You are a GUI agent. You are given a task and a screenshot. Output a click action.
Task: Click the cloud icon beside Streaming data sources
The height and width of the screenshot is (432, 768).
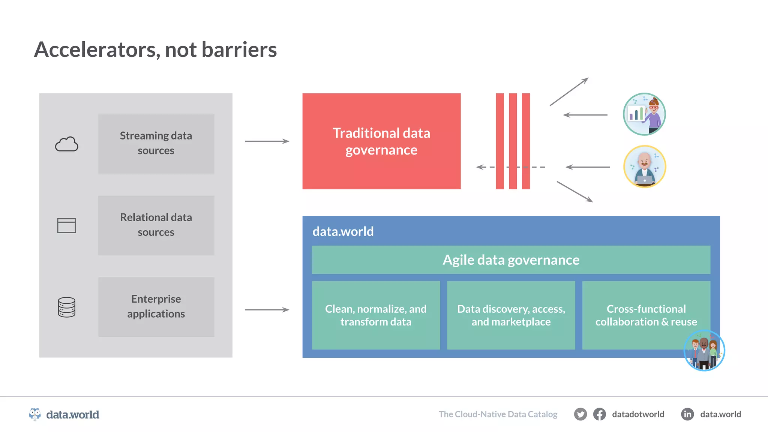point(67,144)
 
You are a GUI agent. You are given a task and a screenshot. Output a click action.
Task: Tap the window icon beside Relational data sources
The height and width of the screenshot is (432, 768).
point(66,225)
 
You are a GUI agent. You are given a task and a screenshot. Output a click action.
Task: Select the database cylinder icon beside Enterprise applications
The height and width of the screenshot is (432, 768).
point(67,307)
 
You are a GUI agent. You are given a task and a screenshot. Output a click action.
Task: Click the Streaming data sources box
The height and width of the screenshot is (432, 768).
point(156,144)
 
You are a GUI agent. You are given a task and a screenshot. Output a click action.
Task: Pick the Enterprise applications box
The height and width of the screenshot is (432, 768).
point(156,307)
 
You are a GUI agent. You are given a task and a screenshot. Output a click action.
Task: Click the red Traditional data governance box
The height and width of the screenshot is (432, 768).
point(381,141)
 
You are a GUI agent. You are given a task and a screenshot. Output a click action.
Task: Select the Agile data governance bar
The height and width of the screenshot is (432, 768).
point(511,260)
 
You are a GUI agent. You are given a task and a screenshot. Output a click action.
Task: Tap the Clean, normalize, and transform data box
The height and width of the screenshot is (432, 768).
point(376,315)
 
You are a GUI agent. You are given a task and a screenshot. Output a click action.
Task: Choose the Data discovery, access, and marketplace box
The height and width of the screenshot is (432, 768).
point(511,315)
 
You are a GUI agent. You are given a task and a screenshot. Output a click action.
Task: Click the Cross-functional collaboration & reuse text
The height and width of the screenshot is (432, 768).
point(646,315)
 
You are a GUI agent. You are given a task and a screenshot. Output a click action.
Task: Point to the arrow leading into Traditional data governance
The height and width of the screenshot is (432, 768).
point(267,141)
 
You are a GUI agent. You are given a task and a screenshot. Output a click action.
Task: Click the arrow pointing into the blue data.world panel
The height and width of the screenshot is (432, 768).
point(267,310)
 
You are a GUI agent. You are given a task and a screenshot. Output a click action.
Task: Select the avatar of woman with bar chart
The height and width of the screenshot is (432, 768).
point(644,114)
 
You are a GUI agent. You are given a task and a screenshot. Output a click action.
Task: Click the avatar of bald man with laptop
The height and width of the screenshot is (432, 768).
point(644,166)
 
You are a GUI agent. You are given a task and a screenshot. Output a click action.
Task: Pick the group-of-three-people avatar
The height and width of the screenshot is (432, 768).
point(704,351)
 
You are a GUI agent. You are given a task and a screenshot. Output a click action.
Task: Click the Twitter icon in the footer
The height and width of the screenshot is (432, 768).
point(580,414)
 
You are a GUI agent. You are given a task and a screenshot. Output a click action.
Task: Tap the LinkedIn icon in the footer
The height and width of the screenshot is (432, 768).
point(687,414)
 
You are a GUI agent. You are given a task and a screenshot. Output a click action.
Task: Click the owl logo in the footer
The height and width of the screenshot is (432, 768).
point(35,414)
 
